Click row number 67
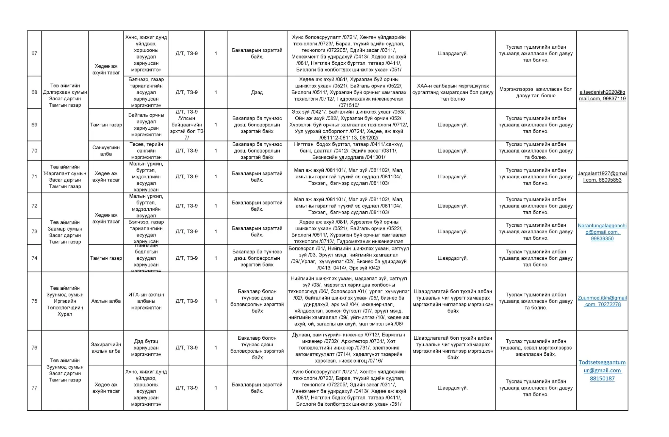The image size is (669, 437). [34, 53]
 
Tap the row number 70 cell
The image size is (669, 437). [34, 151]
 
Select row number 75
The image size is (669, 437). [34, 301]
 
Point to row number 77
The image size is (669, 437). [34, 388]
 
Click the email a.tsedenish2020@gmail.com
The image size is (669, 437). [602, 95]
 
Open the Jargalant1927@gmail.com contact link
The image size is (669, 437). [602, 176]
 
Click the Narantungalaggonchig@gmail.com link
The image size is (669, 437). [602, 232]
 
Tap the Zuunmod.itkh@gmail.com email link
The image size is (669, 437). [602, 301]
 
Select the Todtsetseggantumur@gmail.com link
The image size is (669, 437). [602, 370]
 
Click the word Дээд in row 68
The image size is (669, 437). [257, 92]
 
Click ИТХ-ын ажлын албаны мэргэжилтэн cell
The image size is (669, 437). [146, 301]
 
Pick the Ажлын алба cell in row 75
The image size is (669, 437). [106, 301]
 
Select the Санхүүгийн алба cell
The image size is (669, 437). [106, 151]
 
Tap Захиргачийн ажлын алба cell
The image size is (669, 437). [106, 348]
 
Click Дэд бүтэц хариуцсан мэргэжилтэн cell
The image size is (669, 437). [146, 348]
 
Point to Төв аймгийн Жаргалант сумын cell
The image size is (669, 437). [65, 176]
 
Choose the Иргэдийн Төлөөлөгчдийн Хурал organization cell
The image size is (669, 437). [65, 301]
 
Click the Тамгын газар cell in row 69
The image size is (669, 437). [106, 125]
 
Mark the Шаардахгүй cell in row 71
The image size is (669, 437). [452, 176]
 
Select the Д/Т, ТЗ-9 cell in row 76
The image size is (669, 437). [187, 348]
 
